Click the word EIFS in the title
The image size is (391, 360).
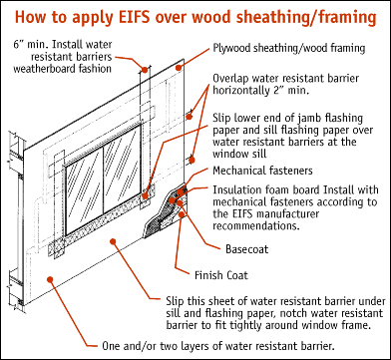[147, 16]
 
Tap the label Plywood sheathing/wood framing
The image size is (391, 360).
[286, 48]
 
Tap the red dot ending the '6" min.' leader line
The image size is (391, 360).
[146, 69]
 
